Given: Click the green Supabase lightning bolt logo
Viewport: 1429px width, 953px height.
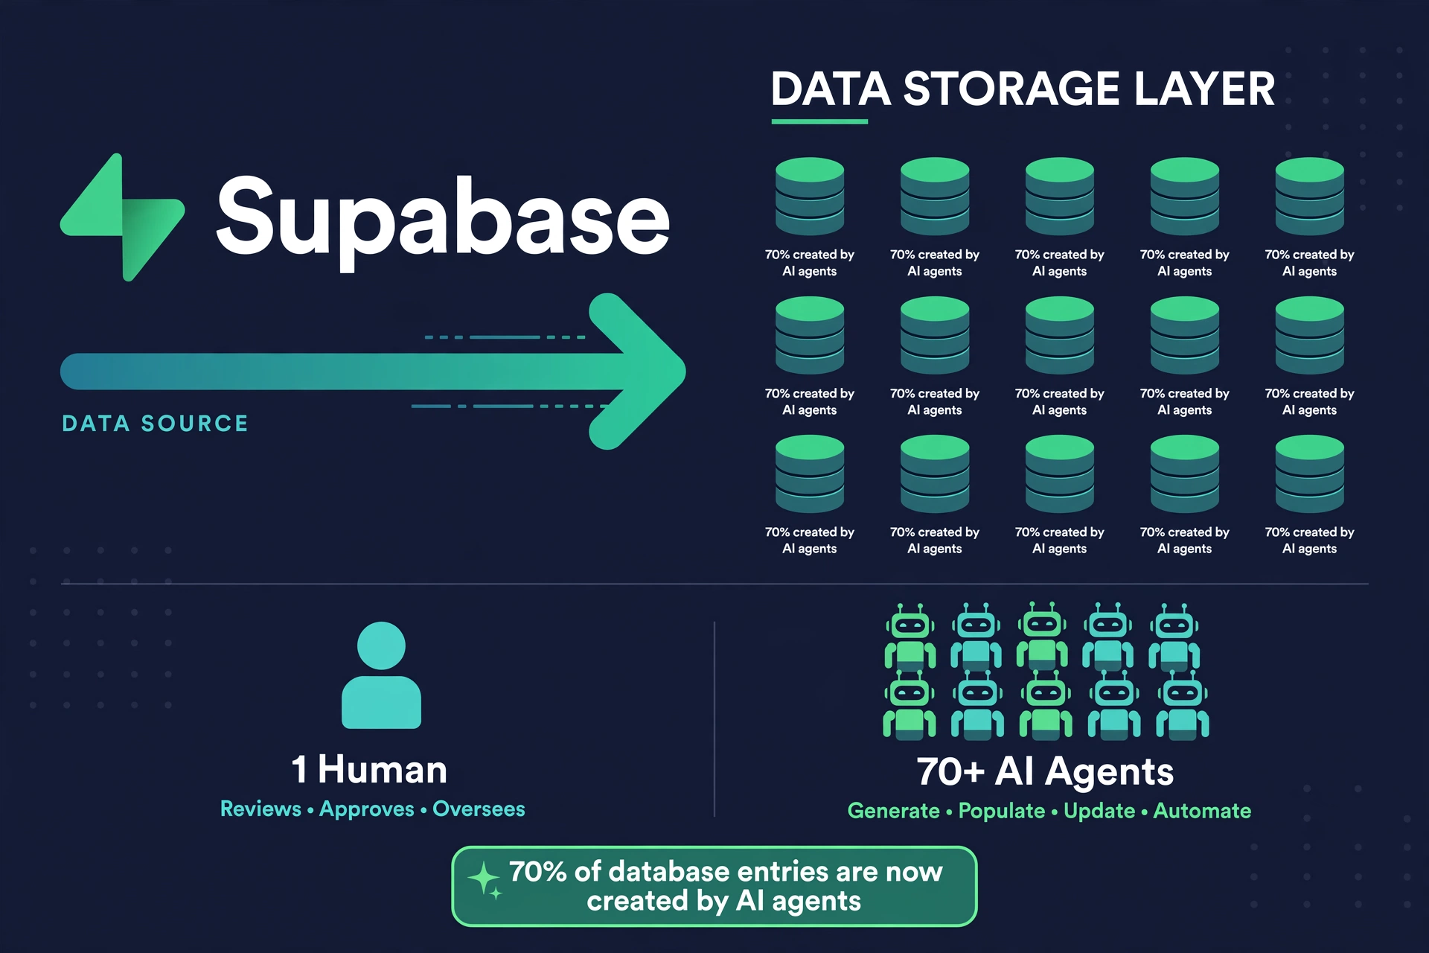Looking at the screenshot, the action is [123, 217].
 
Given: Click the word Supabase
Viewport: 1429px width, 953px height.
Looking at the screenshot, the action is [444, 219].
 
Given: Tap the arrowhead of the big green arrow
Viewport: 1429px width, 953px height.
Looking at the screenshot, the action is [637, 372].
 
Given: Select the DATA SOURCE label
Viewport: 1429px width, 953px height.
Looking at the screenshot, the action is [155, 424].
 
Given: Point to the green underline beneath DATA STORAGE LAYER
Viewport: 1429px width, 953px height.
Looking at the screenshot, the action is [819, 121].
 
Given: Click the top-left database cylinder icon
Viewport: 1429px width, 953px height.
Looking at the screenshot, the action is [810, 196].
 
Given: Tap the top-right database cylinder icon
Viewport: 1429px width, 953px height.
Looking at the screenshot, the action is [1310, 196].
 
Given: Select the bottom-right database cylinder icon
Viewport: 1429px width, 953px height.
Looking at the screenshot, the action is [1310, 474].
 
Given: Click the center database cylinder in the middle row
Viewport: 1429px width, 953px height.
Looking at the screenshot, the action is [1060, 335].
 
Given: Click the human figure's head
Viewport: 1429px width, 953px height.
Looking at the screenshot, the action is [381, 646].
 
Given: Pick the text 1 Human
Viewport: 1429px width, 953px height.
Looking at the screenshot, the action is [369, 769].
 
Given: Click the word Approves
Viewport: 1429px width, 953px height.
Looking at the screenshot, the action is [367, 809].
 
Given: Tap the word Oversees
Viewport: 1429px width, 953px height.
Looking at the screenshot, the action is [479, 809].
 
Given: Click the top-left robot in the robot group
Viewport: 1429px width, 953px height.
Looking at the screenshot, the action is [910, 637].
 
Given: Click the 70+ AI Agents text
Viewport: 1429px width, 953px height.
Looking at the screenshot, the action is [1045, 771].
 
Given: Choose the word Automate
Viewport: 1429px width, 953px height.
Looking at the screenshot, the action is [1202, 811].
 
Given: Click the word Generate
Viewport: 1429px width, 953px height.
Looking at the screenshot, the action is [893, 811].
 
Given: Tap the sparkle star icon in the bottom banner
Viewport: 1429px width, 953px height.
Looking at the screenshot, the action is [485, 880].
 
